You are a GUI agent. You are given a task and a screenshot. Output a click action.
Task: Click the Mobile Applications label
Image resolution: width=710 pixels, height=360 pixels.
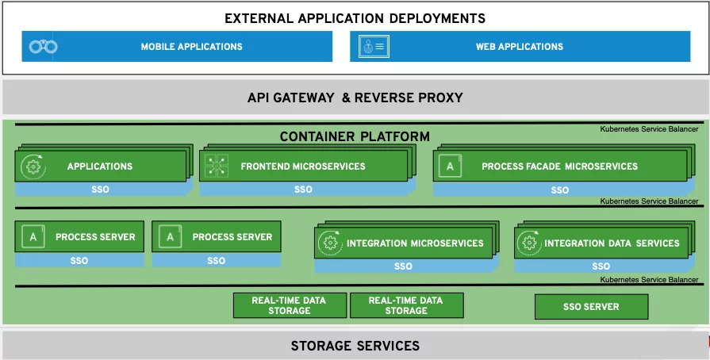191,47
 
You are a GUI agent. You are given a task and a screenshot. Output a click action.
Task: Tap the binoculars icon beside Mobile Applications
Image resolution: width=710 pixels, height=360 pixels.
43,46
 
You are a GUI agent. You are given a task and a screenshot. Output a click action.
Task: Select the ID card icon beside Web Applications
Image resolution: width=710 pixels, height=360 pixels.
374,46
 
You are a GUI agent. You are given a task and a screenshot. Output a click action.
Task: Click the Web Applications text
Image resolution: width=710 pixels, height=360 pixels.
520,47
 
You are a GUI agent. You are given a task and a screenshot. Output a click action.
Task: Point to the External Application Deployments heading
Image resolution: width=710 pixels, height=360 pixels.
355,18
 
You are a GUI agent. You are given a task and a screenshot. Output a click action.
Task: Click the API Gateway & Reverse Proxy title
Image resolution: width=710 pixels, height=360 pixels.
355,98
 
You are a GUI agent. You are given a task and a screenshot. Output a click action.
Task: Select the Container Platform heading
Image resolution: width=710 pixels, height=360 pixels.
355,136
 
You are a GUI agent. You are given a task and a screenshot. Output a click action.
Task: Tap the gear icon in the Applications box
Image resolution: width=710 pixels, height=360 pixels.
33,167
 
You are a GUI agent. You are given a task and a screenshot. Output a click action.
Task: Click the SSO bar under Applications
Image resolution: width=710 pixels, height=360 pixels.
101,190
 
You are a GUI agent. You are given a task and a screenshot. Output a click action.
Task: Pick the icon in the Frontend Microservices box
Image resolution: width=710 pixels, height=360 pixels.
217,166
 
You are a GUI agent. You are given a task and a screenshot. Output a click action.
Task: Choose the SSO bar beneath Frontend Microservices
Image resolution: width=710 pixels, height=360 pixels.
303,190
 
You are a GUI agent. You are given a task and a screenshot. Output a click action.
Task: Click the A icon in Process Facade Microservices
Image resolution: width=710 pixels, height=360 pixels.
450,167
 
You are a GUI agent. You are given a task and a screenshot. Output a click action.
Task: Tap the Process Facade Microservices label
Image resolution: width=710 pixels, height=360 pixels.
559,167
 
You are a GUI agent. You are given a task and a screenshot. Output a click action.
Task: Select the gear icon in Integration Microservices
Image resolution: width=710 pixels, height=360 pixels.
331,243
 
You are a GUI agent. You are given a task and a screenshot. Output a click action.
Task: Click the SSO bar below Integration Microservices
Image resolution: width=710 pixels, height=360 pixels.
403,266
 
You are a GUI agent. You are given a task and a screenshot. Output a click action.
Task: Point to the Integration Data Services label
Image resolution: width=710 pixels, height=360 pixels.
612,243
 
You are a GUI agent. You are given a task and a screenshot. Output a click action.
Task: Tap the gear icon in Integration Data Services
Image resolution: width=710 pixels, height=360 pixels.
529,243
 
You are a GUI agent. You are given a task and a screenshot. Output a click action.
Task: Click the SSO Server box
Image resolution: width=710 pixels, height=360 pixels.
591,307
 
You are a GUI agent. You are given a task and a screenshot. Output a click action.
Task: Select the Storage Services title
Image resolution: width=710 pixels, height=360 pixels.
355,346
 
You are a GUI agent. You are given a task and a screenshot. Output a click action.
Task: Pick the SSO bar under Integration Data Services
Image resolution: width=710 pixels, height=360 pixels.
601,266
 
